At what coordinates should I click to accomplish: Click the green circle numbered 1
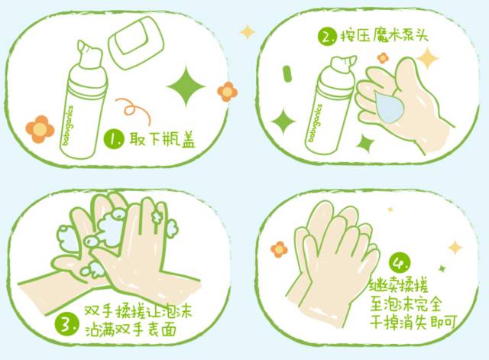click(114, 139)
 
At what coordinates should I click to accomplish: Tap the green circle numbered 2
click(327, 37)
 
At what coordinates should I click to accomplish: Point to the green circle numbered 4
click(400, 264)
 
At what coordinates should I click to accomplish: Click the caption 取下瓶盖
click(162, 139)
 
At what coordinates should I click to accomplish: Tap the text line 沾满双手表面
click(131, 329)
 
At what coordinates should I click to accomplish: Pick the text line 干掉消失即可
click(413, 322)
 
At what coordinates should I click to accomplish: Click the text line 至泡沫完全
click(406, 303)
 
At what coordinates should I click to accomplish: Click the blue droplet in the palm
click(389, 107)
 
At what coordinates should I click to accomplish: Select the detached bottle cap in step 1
click(136, 43)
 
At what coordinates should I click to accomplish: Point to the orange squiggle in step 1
click(133, 110)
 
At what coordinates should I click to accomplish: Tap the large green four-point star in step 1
click(186, 86)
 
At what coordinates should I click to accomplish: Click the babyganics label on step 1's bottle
click(68, 125)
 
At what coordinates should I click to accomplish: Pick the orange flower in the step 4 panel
click(279, 249)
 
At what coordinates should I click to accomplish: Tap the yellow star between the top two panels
click(248, 32)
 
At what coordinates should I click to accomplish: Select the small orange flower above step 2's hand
click(383, 58)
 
